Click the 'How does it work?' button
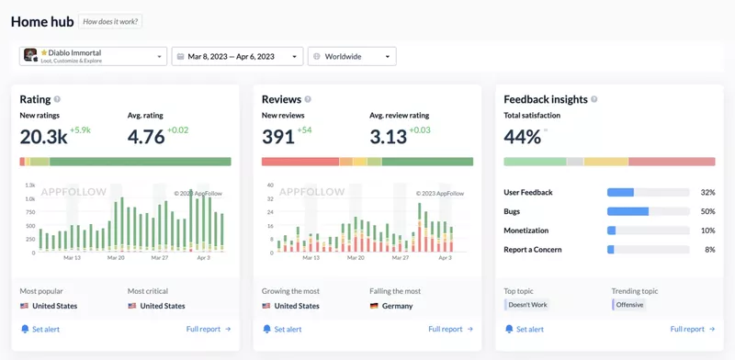(x=110, y=21)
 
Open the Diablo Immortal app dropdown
(x=93, y=56)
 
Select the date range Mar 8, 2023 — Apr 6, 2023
(x=237, y=56)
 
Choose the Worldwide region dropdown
(x=352, y=56)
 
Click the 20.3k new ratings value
(x=43, y=137)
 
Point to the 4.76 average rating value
(x=146, y=137)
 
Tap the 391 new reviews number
(x=278, y=137)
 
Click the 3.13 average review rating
(x=388, y=137)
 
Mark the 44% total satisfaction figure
(x=522, y=137)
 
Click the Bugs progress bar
(x=648, y=211)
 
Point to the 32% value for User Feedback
(x=707, y=193)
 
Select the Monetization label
(x=526, y=231)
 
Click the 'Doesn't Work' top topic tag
(x=527, y=304)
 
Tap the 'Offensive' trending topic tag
(x=629, y=304)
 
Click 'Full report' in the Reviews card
(x=450, y=329)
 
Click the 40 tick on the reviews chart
(x=270, y=186)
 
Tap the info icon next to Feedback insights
(x=594, y=99)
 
